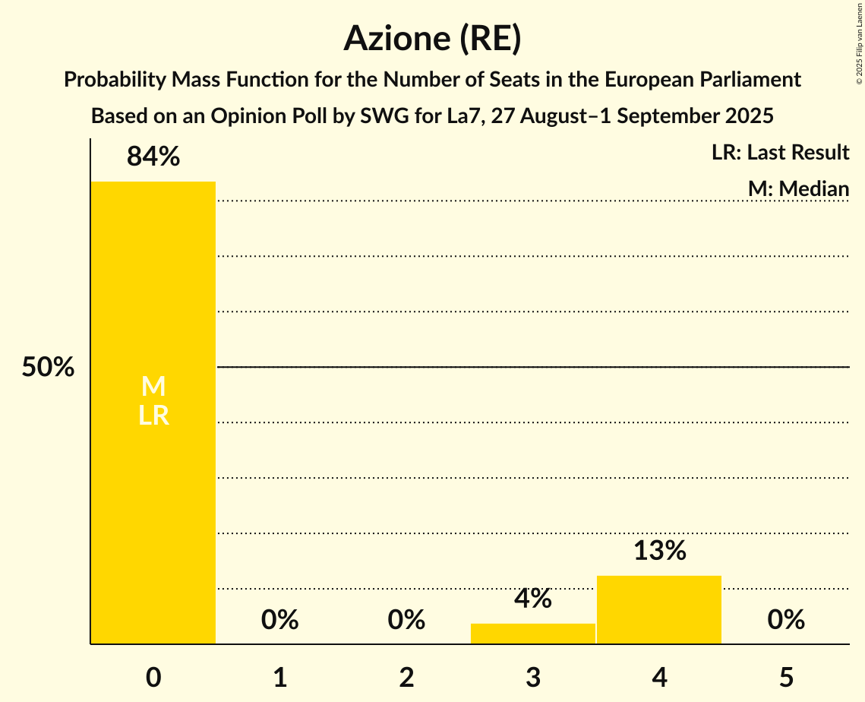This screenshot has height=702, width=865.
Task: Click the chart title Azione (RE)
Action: click(x=432, y=38)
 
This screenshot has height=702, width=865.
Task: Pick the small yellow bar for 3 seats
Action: click(x=533, y=634)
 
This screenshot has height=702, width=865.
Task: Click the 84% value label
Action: click(x=153, y=157)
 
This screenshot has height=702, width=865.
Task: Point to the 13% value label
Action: click(x=659, y=551)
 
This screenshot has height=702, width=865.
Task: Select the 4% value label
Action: click(x=533, y=599)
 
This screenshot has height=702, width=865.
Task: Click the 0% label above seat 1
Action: click(x=279, y=620)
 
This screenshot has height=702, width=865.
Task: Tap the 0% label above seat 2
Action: click(x=406, y=620)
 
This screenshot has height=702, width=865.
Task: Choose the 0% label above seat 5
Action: click(x=786, y=620)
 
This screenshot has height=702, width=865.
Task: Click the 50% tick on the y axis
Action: click(x=48, y=368)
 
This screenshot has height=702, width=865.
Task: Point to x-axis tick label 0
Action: click(x=153, y=678)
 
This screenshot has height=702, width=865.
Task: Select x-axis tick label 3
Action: click(x=533, y=678)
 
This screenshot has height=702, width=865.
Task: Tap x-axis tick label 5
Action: click(x=786, y=678)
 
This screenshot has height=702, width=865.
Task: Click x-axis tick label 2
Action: click(x=406, y=678)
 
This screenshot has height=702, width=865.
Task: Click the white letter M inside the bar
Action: click(x=153, y=387)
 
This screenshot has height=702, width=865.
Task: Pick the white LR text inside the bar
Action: click(x=153, y=416)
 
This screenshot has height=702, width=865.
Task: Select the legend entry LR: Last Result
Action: click(x=780, y=153)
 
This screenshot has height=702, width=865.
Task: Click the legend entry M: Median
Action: click(x=798, y=188)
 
